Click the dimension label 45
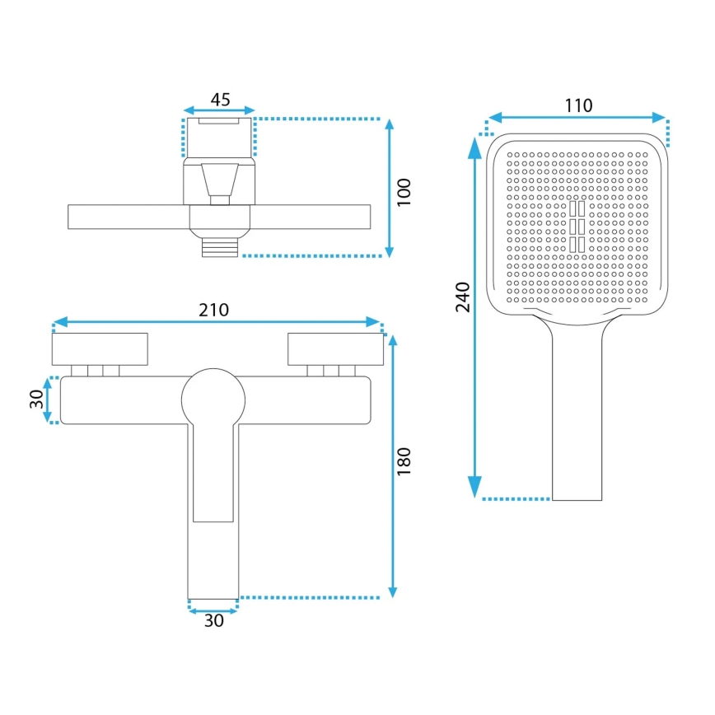click(219, 100)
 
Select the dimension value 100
click(403, 193)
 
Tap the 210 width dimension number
click(213, 310)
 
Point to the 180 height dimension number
click(403, 462)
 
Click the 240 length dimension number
click(462, 296)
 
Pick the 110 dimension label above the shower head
click(578, 105)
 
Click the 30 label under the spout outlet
click(213, 622)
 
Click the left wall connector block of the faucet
click(100, 349)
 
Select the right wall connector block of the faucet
click(335, 349)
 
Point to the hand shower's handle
click(577, 412)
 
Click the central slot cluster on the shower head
click(577, 225)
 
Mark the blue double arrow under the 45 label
click(219, 110)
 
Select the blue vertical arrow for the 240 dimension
click(475, 317)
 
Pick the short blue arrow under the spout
click(213, 610)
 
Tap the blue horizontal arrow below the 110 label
click(577, 117)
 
